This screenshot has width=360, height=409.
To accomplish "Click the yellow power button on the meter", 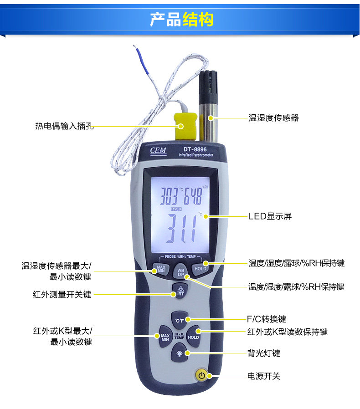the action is pos(201,375).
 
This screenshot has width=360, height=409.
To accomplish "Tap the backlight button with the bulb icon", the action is pos(180,353).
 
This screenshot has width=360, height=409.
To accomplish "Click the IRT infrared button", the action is pos(180,291).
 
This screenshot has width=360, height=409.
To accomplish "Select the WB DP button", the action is pos(180,272).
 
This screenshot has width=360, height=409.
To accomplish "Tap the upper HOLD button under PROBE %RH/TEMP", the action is pos(200,269).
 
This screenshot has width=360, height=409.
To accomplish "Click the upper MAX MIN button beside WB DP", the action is pos(161,269).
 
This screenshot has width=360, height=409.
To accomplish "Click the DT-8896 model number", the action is pos(195,149).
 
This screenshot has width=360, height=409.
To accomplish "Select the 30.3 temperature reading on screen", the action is pos(169,196).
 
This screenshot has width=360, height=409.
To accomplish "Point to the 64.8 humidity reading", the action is pos(193,196).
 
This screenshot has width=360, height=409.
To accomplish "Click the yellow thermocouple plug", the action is pos(185,126).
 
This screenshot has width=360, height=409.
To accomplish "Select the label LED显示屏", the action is pos(270,216).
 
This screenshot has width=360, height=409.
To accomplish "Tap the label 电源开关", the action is pos(264,376).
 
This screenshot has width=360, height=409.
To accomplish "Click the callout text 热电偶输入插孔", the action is pos(65,126).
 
